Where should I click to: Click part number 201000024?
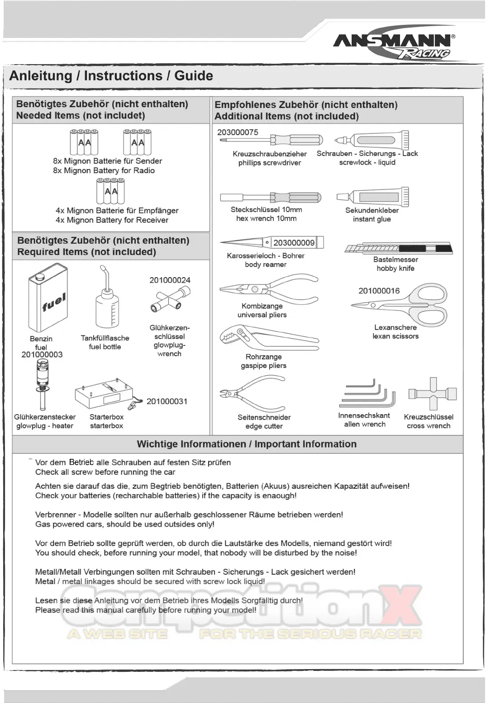(x=170, y=280)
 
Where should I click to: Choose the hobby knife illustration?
(x=398, y=248)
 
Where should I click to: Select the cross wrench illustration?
(x=432, y=393)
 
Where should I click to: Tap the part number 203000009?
(x=294, y=243)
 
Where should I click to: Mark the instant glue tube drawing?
(x=372, y=197)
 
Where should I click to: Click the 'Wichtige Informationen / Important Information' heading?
(x=247, y=444)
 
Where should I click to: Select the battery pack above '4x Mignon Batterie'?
(x=110, y=191)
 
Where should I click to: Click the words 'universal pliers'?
(x=262, y=315)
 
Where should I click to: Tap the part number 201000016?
(x=379, y=291)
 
